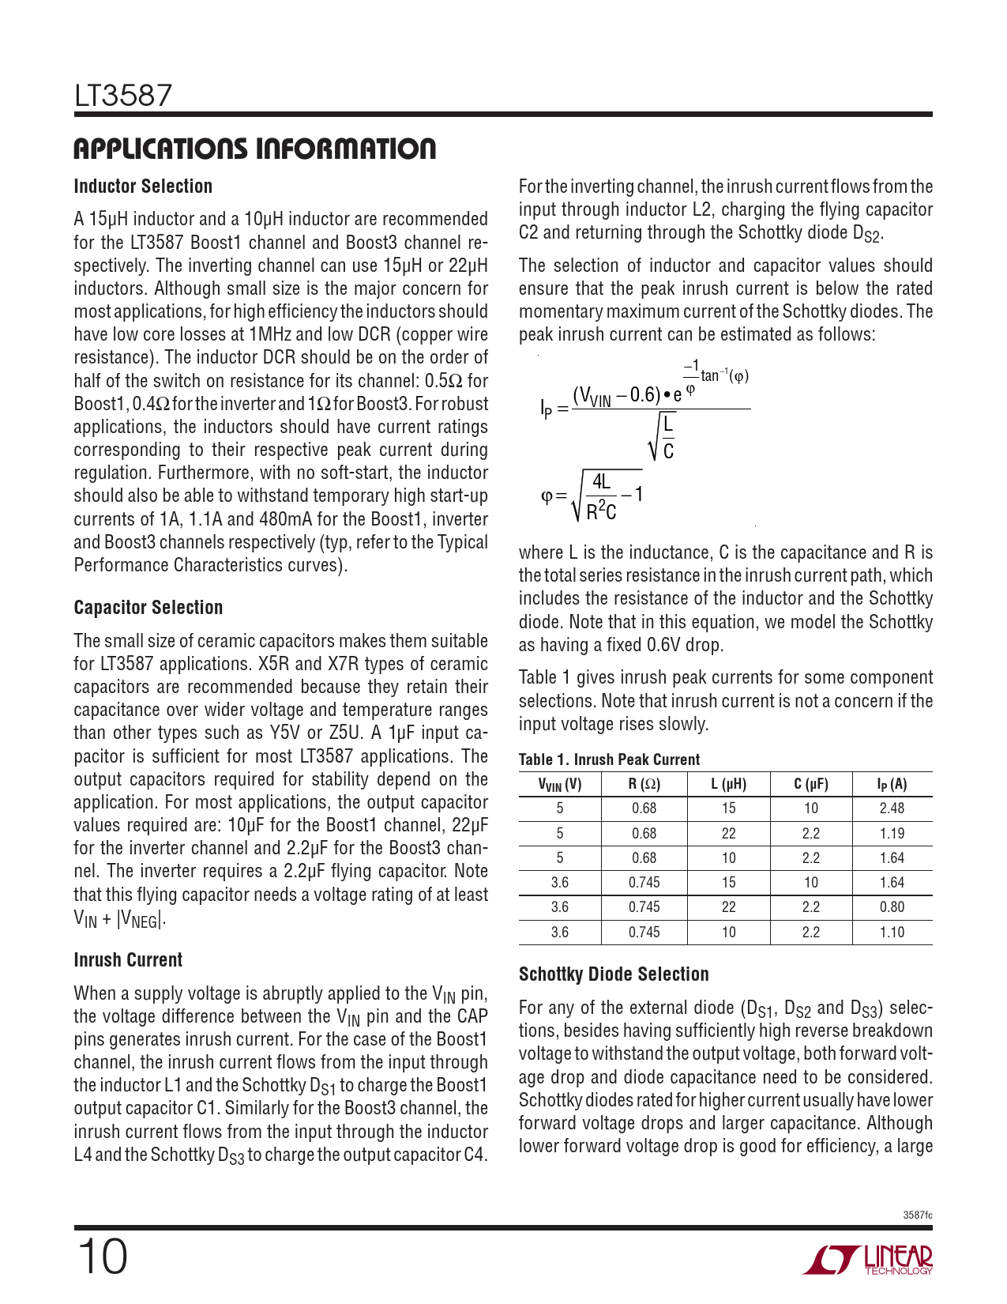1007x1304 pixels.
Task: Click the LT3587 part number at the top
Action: pyautogui.click(x=122, y=96)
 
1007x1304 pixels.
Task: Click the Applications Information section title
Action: pyautogui.click(x=254, y=149)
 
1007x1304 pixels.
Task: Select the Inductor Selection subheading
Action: pyautogui.click(x=143, y=187)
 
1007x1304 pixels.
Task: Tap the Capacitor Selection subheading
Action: pyautogui.click(x=148, y=608)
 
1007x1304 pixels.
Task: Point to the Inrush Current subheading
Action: pyautogui.click(x=128, y=960)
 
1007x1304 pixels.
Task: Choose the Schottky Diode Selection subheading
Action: pyautogui.click(x=614, y=974)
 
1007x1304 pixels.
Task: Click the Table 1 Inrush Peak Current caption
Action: pyautogui.click(x=609, y=759)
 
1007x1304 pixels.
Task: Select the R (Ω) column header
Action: pyautogui.click(x=644, y=785)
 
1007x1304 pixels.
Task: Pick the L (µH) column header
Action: pyautogui.click(x=728, y=785)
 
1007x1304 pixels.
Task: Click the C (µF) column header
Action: pyautogui.click(x=811, y=785)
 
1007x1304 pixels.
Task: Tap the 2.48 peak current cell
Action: pyautogui.click(x=892, y=808)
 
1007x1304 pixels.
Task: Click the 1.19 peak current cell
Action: pyautogui.click(x=892, y=833)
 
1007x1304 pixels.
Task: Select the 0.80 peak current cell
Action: pyautogui.click(x=892, y=907)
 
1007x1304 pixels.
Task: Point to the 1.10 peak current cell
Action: pyautogui.click(x=892, y=933)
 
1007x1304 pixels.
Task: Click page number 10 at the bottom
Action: pyautogui.click(x=101, y=1257)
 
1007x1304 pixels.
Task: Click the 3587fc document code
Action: pyautogui.click(x=917, y=1215)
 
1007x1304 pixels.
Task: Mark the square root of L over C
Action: pyautogui.click(x=662, y=437)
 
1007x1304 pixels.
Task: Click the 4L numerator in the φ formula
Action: pyautogui.click(x=601, y=482)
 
